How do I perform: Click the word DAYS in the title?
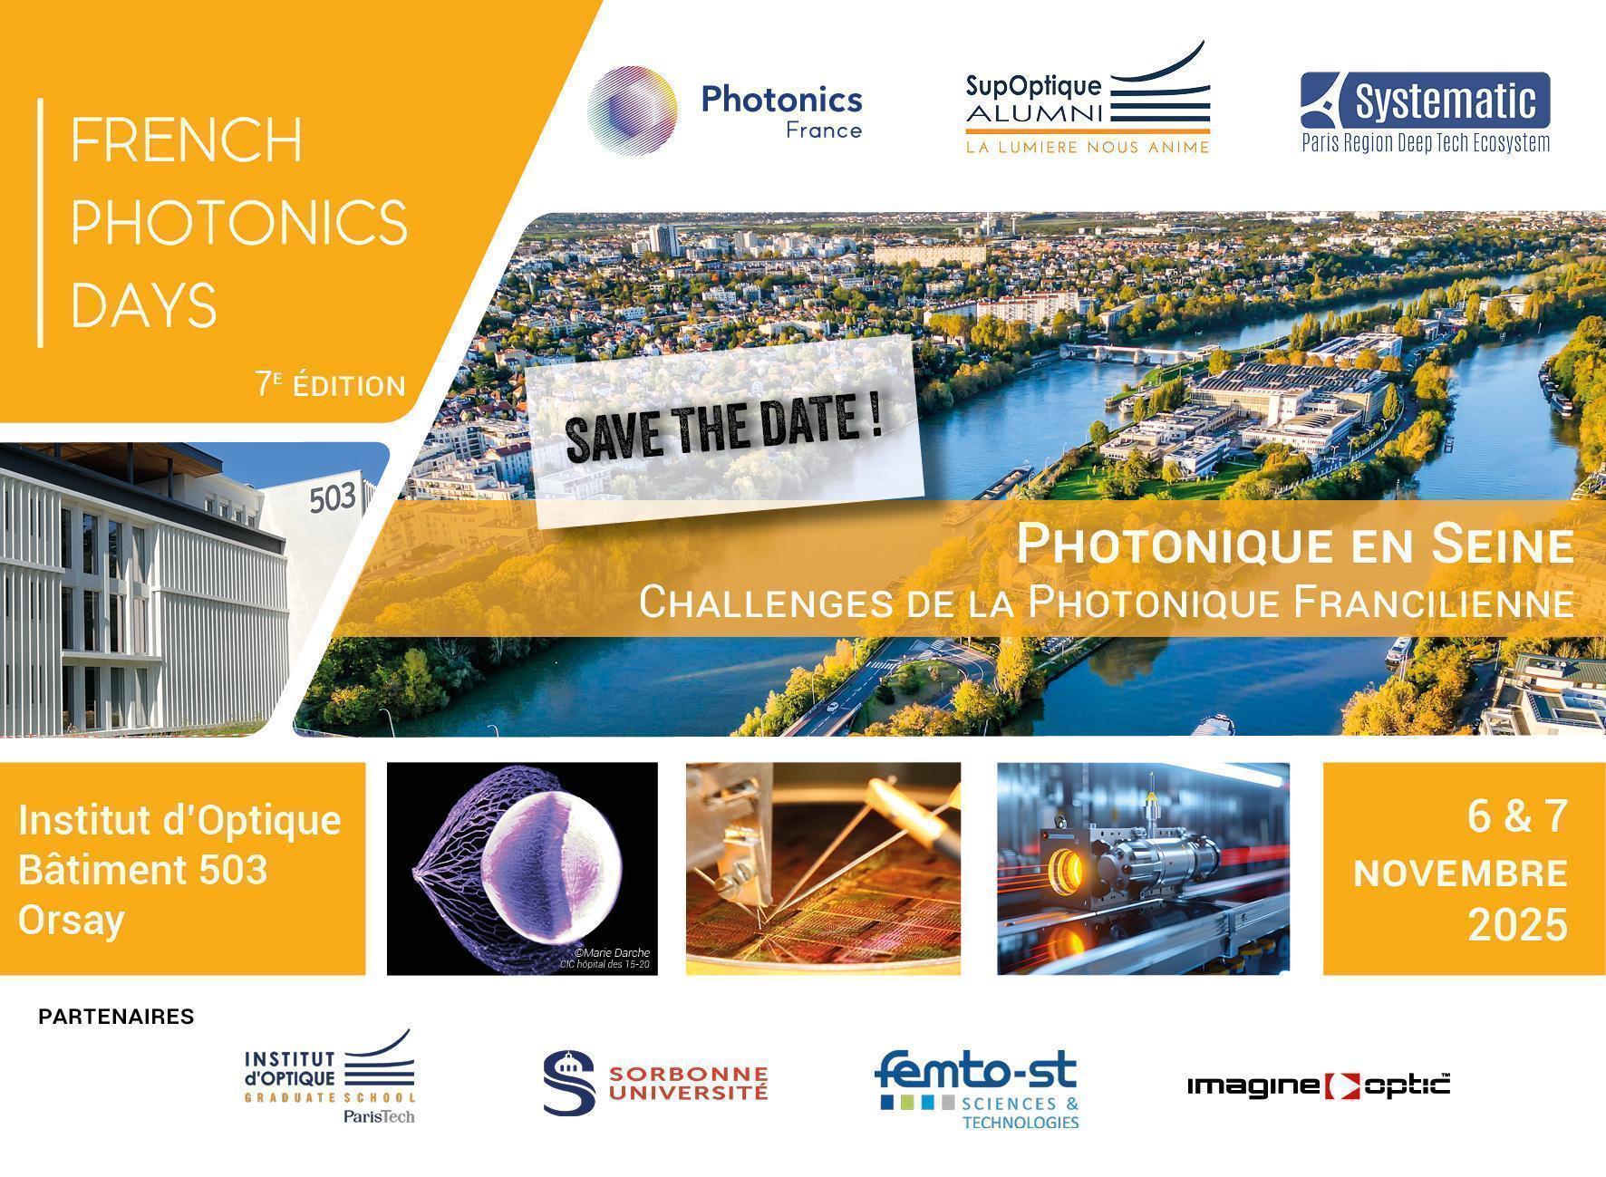pyautogui.click(x=144, y=305)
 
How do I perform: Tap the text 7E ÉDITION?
pyautogui.click(x=330, y=386)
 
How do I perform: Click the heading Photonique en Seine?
pyautogui.click(x=1294, y=545)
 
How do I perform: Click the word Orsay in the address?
pyautogui.click(x=71, y=921)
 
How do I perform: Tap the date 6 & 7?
pyautogui.click(x=1517, y=816)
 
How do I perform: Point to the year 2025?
pyautogui.click(x=1517, y=925)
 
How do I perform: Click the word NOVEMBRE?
pyautogui.click(x=1460, y=873)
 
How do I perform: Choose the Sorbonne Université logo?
pyautogui.click(x=655, y=1083)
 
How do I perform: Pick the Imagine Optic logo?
pyautogui.click(x=1318, y=1085)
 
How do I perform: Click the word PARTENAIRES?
pyautogui.click(x=116, y=1017)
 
